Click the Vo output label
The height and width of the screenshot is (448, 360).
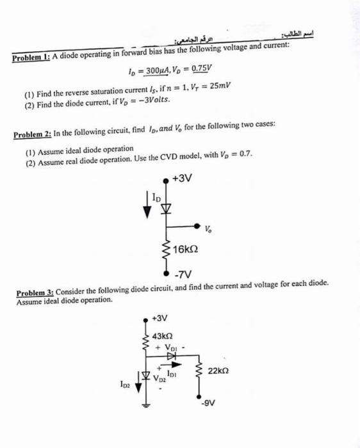pyautogui.click(x=209, y=229)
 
